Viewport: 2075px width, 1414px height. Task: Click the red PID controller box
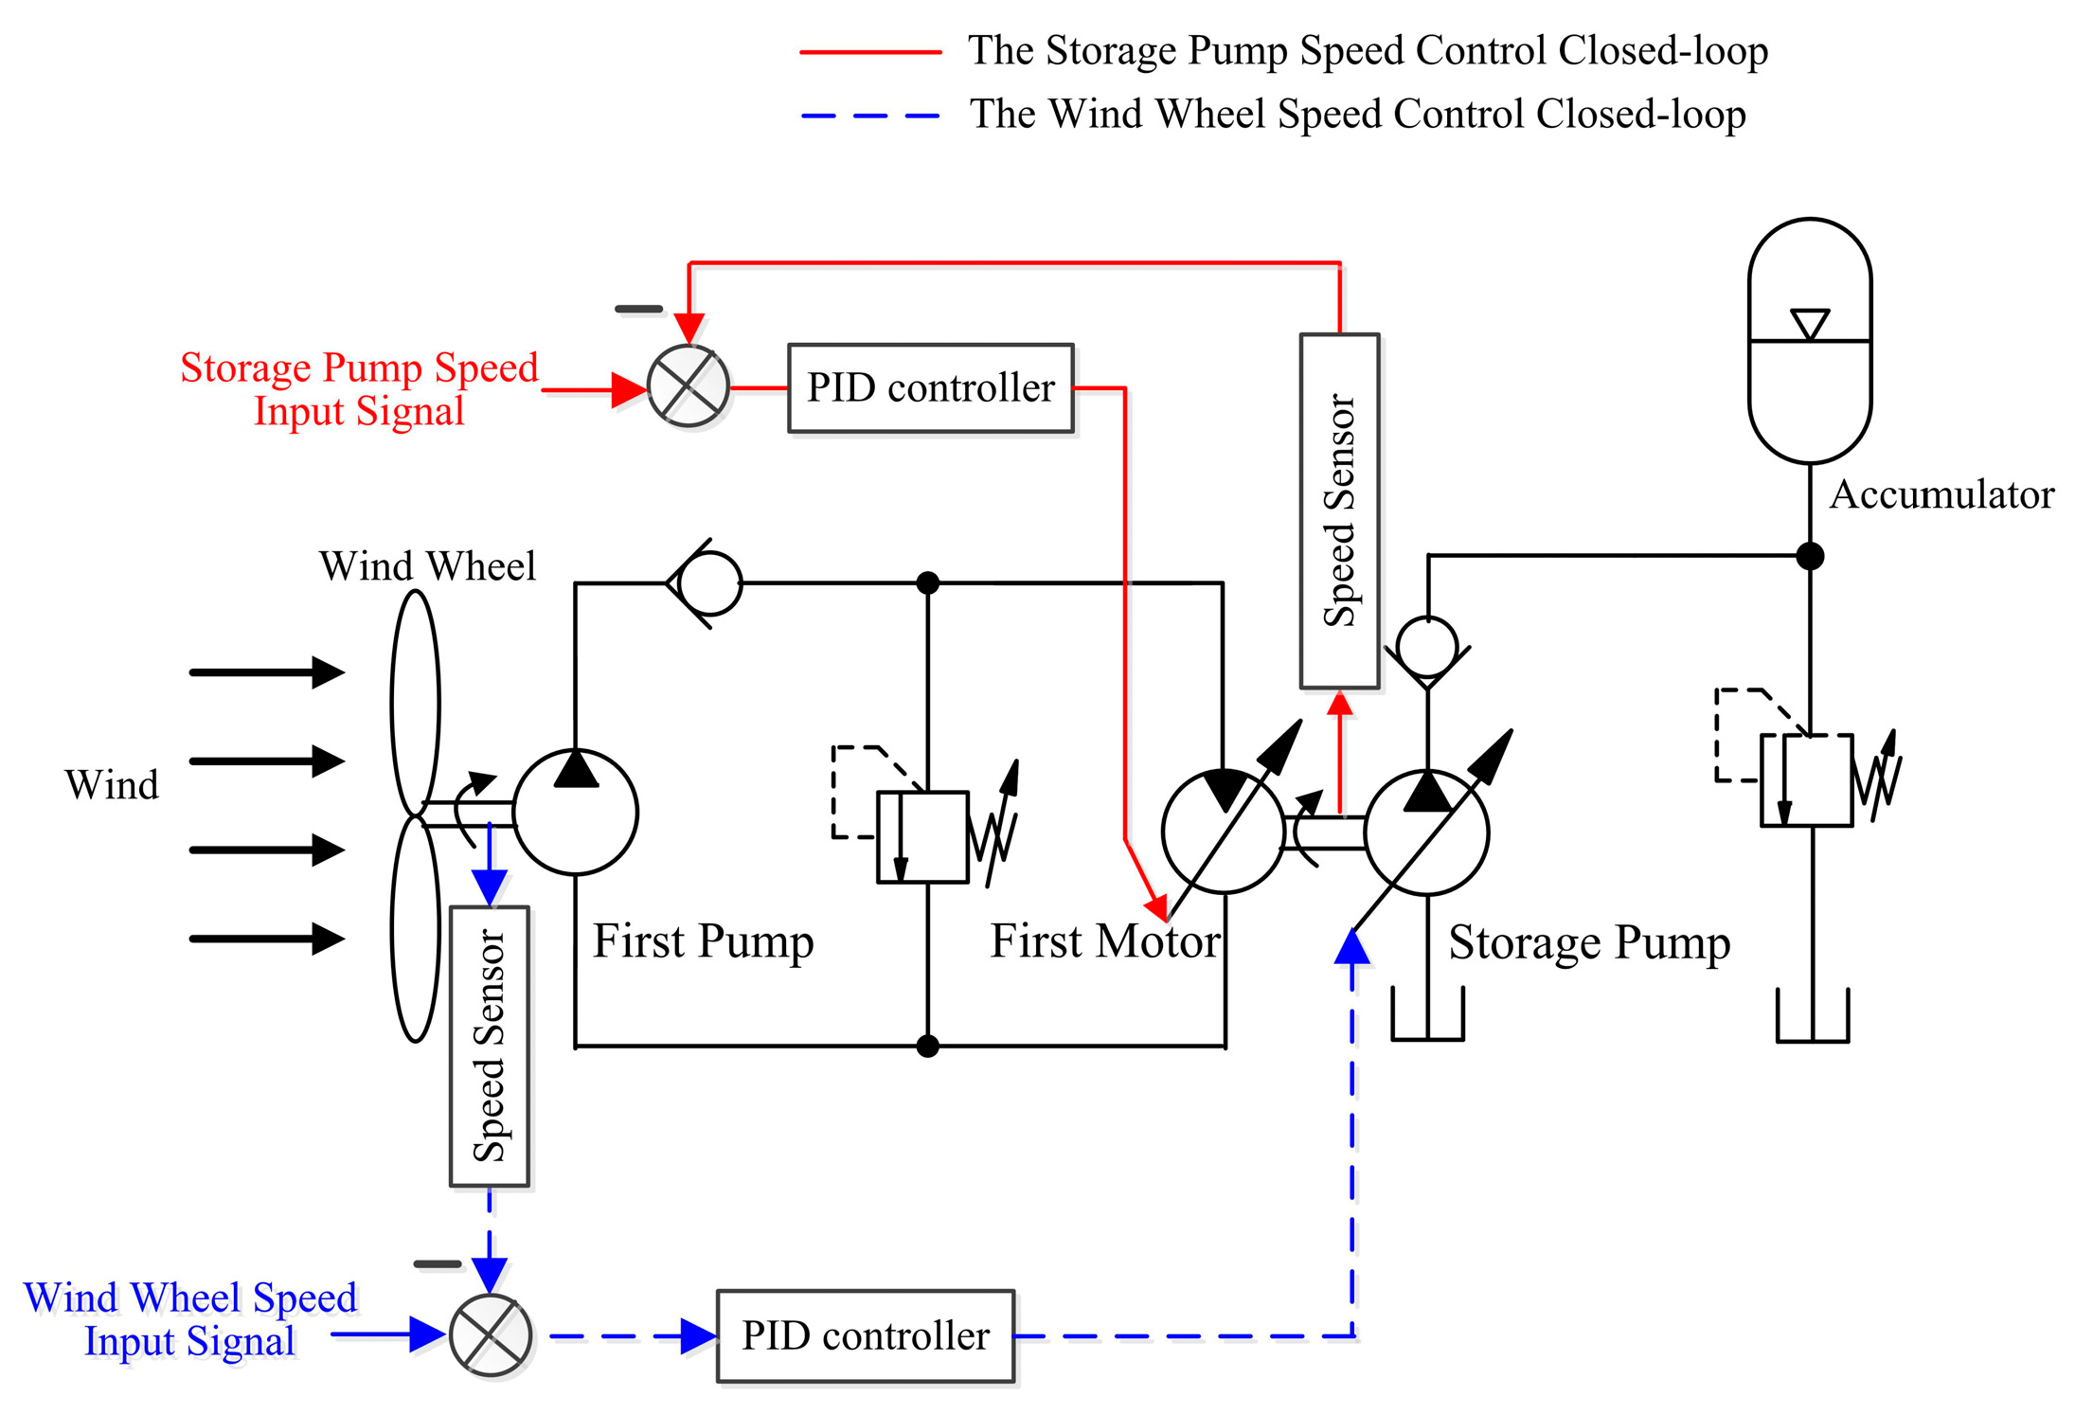930,388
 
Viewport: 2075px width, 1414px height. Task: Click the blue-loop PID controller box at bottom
865,1335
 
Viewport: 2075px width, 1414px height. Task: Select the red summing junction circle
689,386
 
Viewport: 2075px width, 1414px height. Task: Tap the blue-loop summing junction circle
490,1334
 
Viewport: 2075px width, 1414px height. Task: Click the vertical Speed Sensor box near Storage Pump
1339,510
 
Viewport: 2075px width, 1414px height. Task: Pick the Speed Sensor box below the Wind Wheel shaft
489,1046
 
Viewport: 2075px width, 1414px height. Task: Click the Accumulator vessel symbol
1809,341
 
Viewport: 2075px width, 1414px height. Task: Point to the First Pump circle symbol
575,812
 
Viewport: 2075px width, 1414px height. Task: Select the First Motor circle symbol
1223,832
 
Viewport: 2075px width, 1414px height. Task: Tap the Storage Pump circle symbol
1426,832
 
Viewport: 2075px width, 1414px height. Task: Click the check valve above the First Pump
708,583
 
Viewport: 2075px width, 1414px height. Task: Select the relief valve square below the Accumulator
1806,780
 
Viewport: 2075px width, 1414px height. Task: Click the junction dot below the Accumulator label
1810,556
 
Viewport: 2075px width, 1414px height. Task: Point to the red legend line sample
870,52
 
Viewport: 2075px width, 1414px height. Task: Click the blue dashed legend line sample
870,116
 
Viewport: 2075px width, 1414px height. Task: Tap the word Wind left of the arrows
112,785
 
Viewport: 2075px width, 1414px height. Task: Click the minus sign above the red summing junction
638,309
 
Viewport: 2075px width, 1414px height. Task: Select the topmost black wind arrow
266,672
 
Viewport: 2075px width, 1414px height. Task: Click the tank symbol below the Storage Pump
1427,1018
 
